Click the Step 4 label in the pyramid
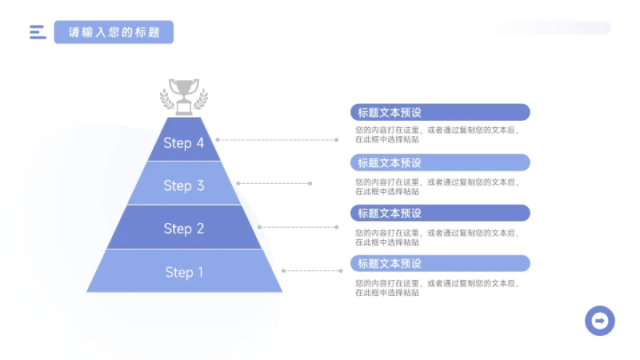coord(184,142)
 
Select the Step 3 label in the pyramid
coord(184,185)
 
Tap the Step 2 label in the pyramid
coord(184,228)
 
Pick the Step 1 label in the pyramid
coord(184,272)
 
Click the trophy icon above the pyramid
coord(184,94)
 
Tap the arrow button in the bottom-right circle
coord(600,320)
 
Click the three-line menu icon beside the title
coord(37,33)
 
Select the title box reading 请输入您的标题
coord(114,33)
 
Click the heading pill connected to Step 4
coord(441,112)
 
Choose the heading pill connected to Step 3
coord(441,163)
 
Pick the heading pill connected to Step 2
coord(441,213)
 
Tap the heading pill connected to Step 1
coord(441,264)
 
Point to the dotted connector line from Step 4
coord(276,140)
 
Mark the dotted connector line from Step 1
coord(309,270)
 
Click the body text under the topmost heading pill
coord(436,135)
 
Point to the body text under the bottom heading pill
coord(436,287)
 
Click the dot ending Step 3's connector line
coord(310,183)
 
